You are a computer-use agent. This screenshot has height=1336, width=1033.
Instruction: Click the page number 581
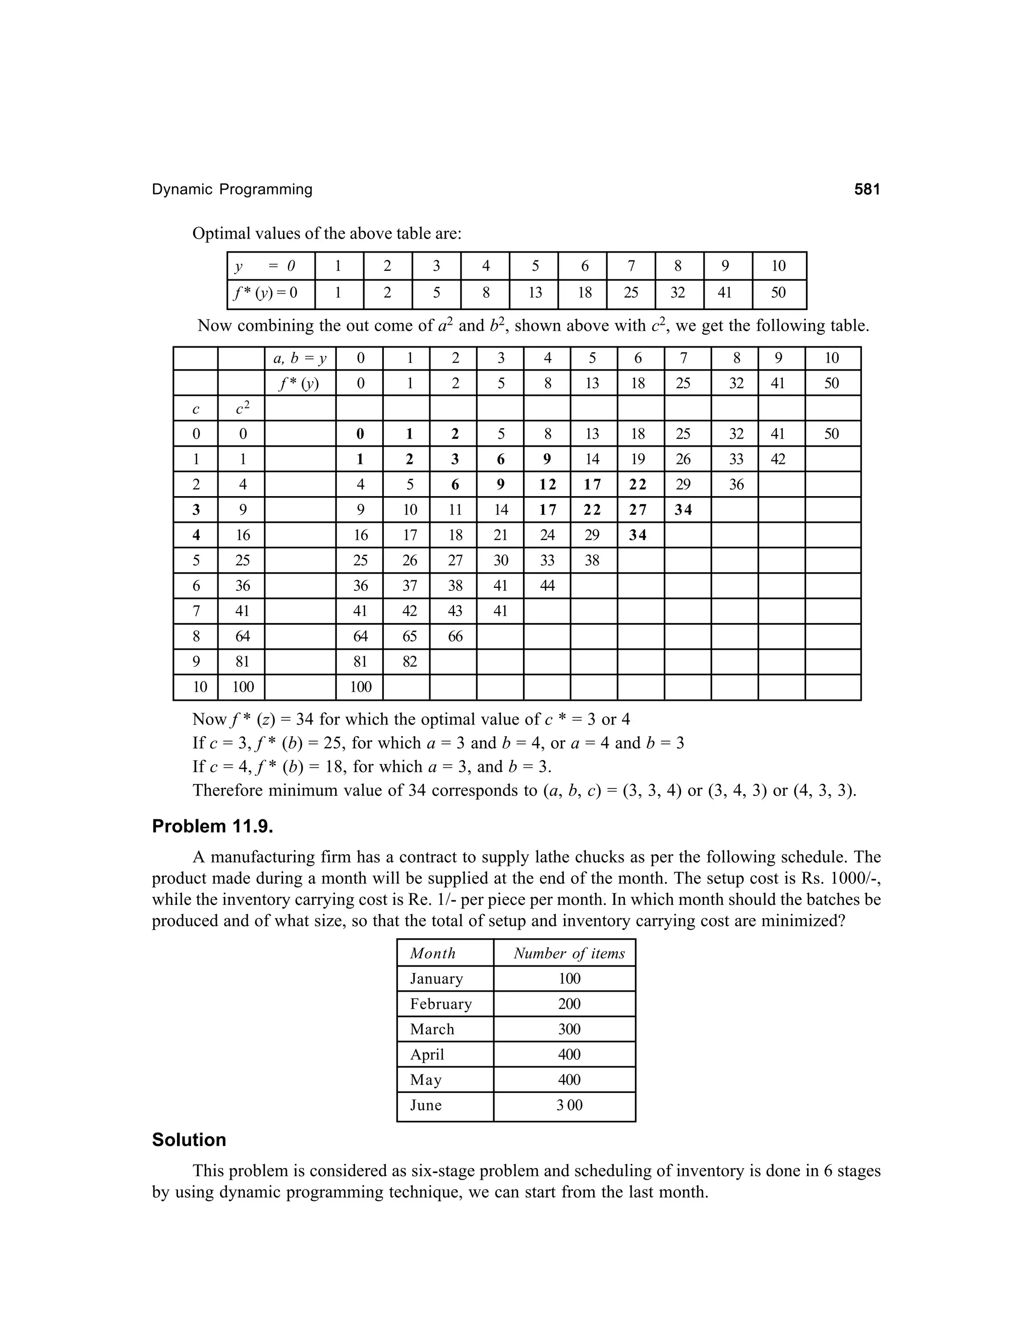[867, 190]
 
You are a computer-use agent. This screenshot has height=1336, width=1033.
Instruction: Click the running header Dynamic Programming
[232, 190]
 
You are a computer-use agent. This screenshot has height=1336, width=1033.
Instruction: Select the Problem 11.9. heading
[212, 826]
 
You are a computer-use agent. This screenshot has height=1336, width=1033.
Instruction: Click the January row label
[436, 979]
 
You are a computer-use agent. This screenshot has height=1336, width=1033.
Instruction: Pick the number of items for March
[569, 1029]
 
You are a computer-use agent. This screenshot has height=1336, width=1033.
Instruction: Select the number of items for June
[569, 1105]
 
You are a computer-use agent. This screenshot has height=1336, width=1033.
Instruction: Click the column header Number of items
[569, 953]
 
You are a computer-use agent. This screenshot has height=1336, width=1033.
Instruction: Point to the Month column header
[433, 953]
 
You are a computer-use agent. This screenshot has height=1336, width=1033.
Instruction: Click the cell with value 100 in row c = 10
[361, 687]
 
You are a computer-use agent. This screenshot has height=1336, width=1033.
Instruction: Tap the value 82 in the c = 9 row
[410, 661]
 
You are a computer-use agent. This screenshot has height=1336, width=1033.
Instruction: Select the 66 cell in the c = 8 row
[455, 636]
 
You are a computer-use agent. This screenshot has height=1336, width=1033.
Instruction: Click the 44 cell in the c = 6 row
[547, 585]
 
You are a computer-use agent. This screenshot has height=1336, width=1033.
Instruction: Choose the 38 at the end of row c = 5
[592, 560]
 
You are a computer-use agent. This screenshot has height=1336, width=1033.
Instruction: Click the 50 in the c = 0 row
[831, 434]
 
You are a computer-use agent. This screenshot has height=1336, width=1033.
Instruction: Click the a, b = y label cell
[300, 358]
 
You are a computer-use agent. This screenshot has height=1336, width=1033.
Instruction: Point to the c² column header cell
[242, 408]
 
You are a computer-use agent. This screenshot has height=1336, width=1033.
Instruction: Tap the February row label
[441, 1004]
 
